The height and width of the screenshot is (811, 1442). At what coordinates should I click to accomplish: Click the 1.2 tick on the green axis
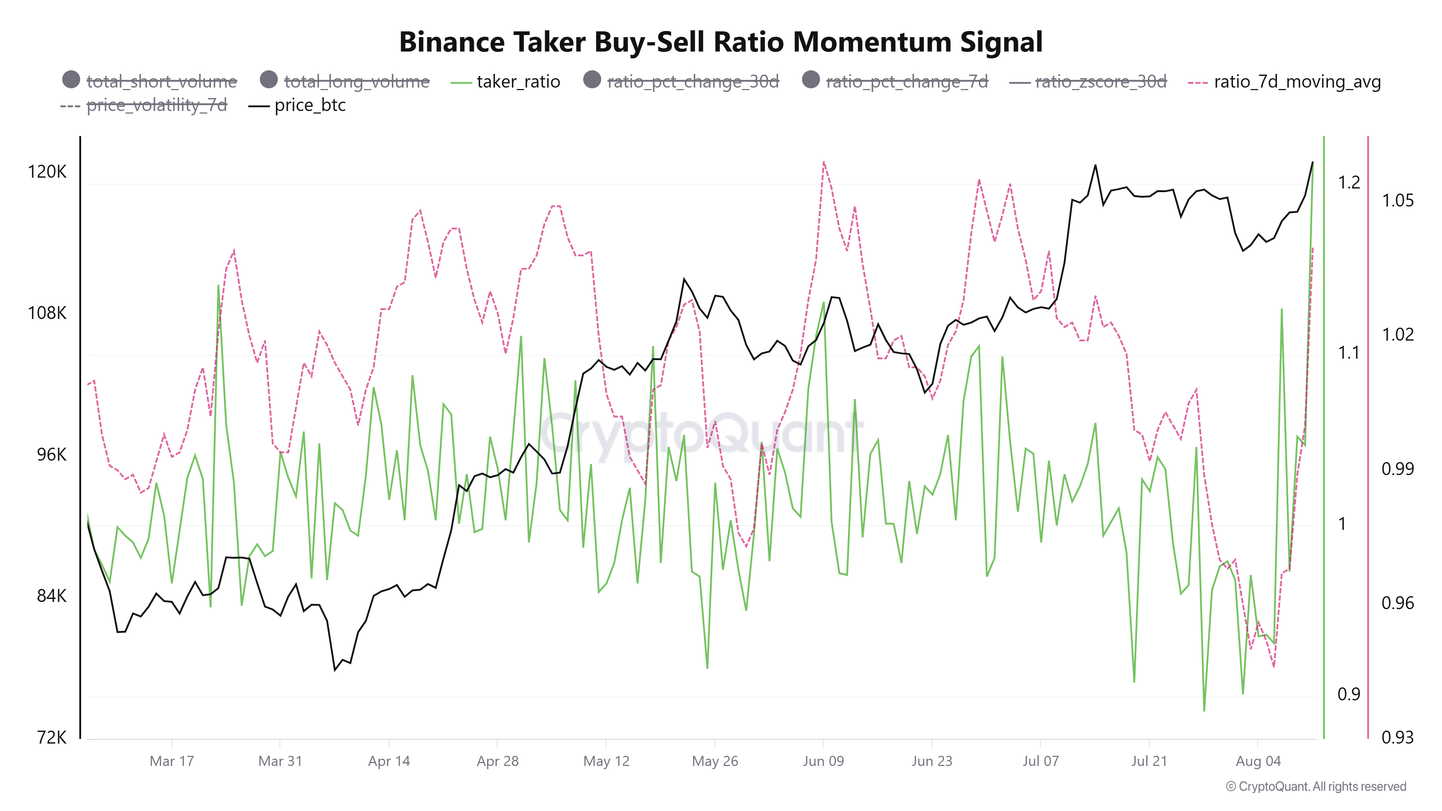(1349, 182)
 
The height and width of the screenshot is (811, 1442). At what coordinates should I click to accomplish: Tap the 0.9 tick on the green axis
(1349, 694)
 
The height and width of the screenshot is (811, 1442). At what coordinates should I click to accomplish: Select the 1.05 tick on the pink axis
(1397, 200)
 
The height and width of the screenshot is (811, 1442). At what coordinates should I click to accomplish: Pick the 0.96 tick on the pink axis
(1397, 603)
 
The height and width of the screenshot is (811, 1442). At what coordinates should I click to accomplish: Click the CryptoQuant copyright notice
(1315, 786)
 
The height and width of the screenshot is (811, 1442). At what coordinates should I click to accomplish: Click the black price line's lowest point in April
(335, 669)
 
